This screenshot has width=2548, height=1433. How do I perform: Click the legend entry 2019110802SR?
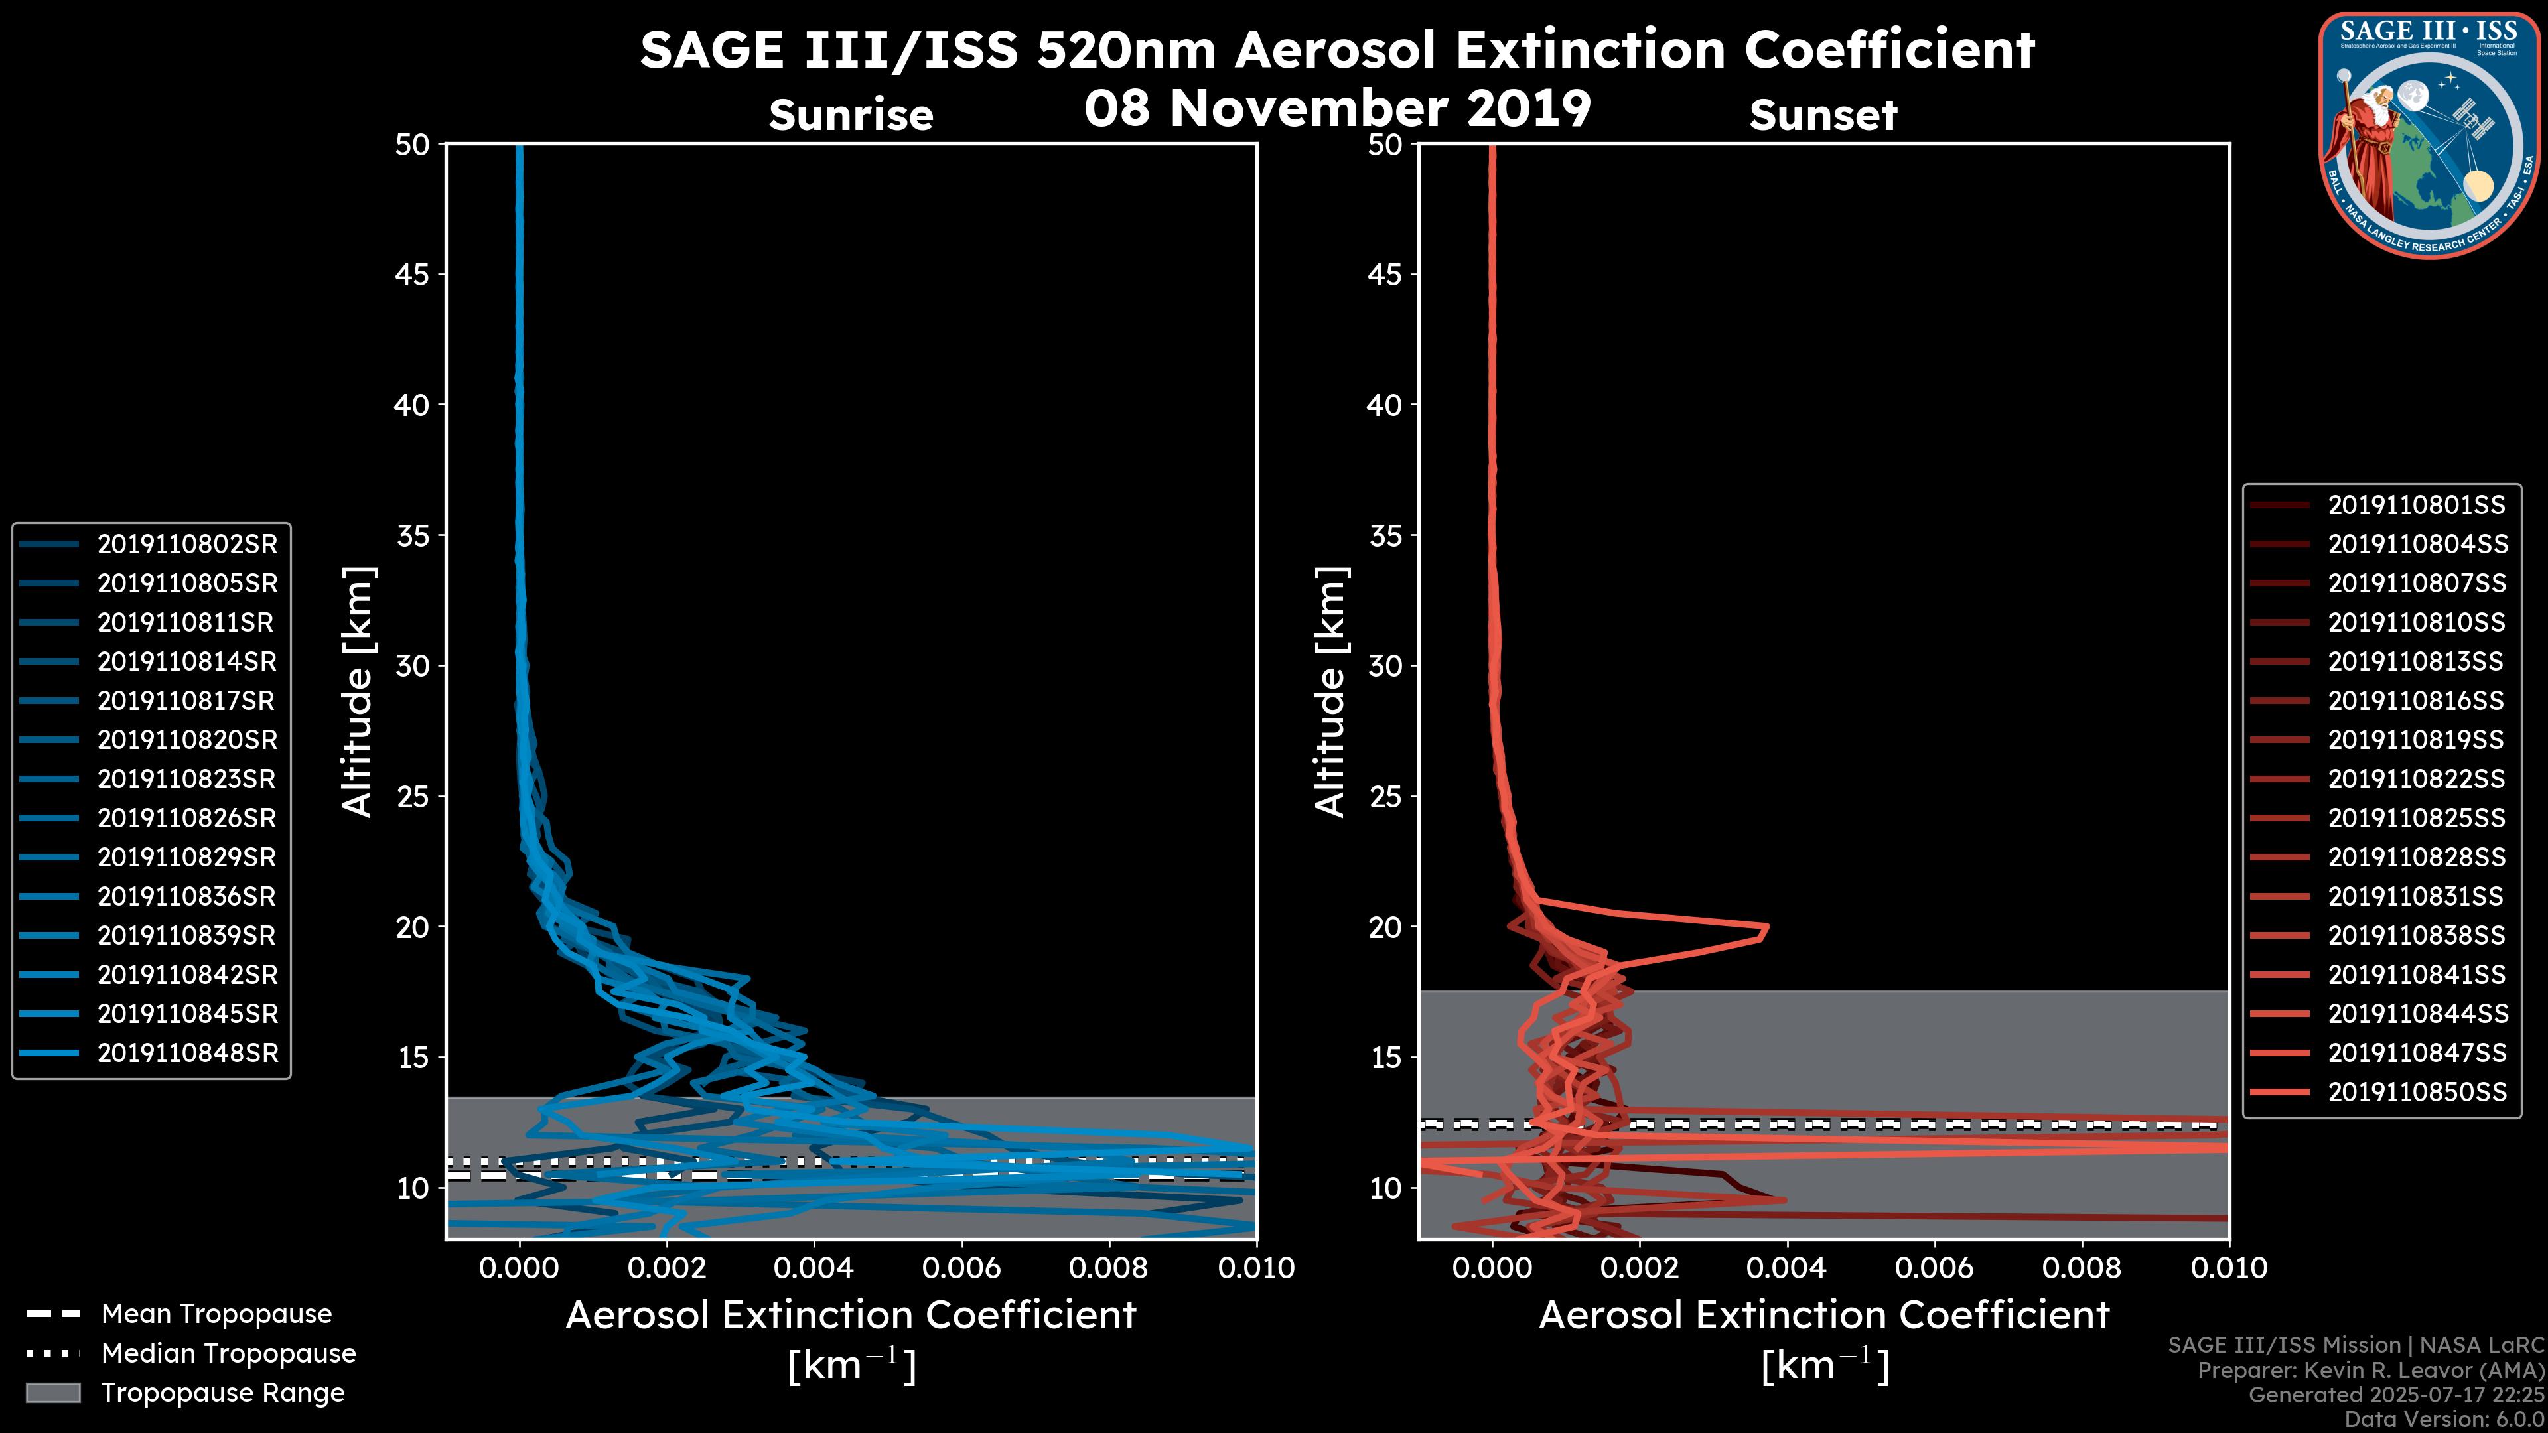(x=187, y=544)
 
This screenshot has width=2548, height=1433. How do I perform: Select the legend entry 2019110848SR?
(x=187, y=1054)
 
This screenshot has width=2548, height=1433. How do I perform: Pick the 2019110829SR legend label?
(x=187, y=857)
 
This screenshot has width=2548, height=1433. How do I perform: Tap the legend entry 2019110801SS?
(x=2417, y=506)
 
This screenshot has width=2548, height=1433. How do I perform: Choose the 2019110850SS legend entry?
(x=2417, y=1092)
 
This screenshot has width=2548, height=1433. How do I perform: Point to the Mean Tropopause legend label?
(x=216, y=1314)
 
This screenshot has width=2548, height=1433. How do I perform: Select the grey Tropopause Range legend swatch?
(x=53, y=1393)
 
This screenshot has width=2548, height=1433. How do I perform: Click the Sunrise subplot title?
(x=851, y=115)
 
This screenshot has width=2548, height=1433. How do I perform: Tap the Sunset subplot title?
(x=1823, y=115)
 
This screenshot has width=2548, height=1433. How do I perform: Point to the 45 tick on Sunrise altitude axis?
(x=413, y=274)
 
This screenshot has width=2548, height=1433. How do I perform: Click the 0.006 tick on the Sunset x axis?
(x=1935, y=1268)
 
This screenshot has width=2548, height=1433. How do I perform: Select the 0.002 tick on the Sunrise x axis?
(x=666, y=1268)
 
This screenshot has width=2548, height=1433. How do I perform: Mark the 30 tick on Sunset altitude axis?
(x=1385, y=665)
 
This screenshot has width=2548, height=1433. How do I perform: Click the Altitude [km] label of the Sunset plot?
(x=1330, y=692)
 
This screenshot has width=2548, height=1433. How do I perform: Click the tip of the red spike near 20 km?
(x=1766, y=929)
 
